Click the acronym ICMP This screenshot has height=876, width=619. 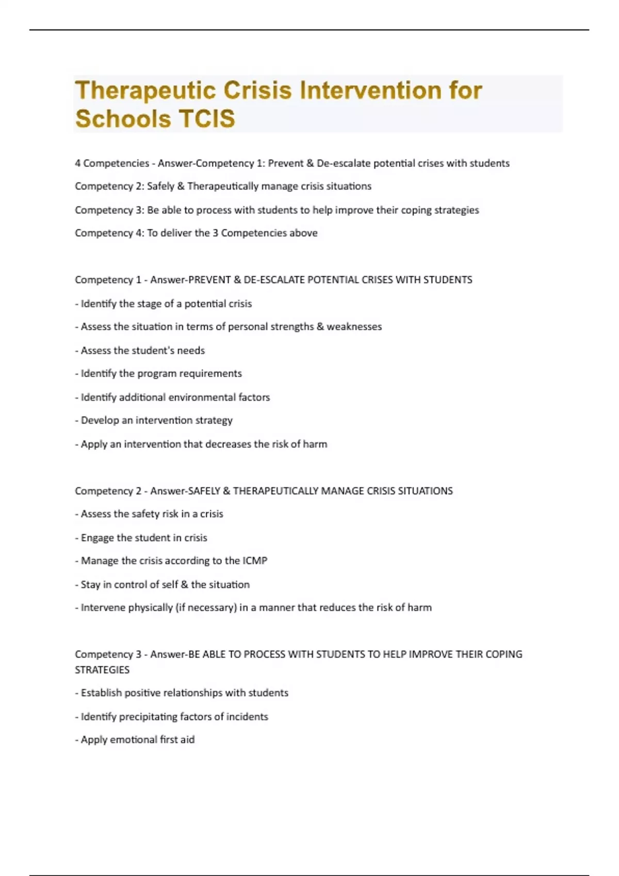tap(255, 561)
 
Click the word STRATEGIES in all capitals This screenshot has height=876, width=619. tap(102, 670)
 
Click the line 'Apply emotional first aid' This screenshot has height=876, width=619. tap(135, 740)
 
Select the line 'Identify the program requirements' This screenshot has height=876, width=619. tap(158, 374)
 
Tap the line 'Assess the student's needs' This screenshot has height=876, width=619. tap(140, 350)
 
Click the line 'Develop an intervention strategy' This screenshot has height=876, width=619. tap(154, 420)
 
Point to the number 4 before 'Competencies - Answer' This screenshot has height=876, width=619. tap(77, 163)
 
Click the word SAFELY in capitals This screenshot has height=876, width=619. tap(204, 491)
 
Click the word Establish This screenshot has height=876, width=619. tap(101, 693)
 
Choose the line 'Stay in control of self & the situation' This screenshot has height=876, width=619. tap(162, 584)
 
